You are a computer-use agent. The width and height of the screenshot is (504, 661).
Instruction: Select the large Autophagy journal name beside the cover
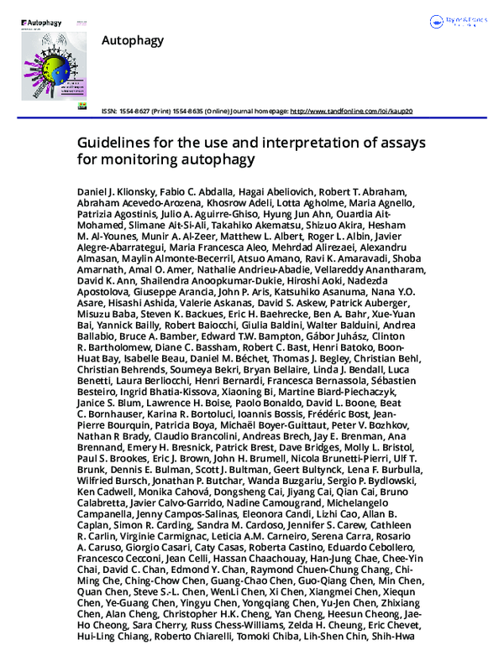pyautogui.click(x=132, y=40)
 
